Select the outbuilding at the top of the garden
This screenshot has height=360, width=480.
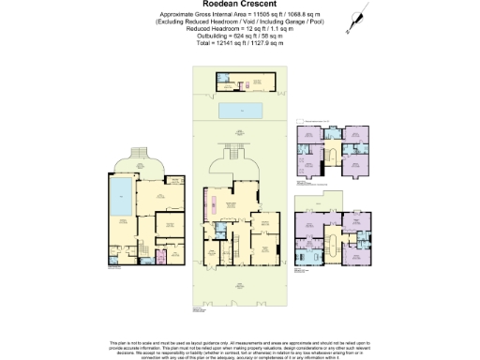[240, 82]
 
